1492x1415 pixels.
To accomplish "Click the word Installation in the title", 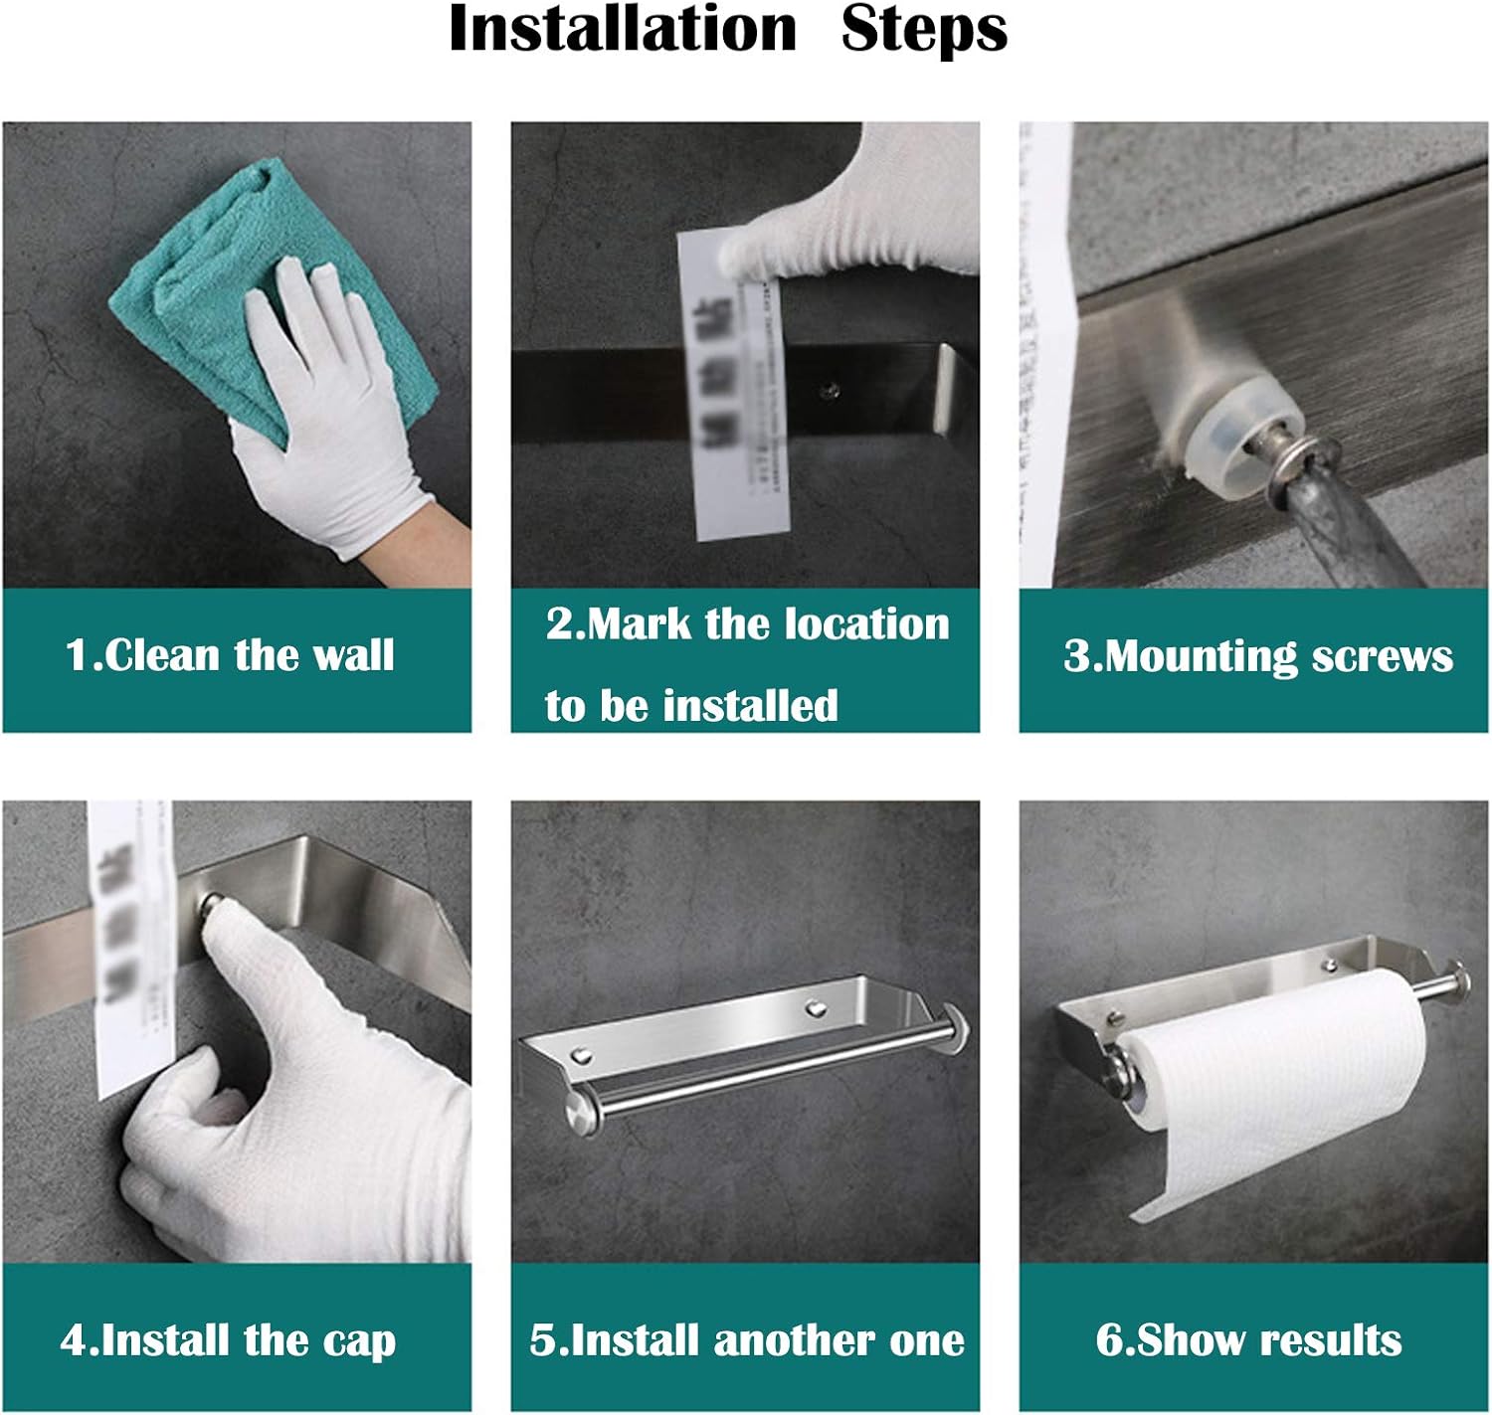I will click(x=623, y=30).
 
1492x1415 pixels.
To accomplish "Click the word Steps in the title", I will click(x=924, y=30).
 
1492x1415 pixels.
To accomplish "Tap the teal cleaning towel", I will click(x=239, y=268).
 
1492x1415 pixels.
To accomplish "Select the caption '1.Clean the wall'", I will click(x=230, y=655).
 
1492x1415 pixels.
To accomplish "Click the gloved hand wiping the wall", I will click(x=328, y=418).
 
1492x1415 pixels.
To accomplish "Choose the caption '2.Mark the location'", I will click(x=747, y=624).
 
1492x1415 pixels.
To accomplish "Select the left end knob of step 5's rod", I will click(x=578, y=1107).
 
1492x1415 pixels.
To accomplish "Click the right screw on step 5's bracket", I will click(x=816, y=1008).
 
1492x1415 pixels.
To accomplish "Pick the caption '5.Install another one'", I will click(x=747, y=1340).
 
